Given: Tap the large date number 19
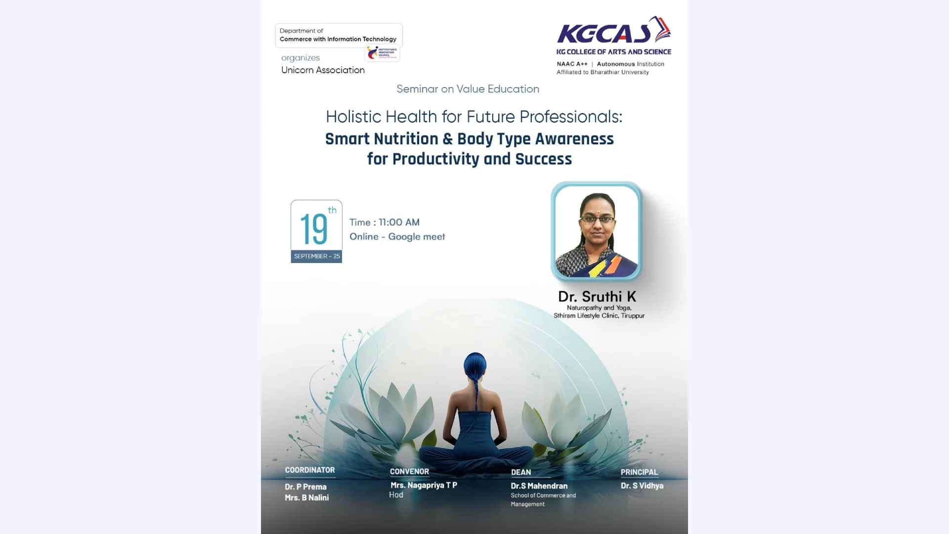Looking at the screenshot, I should pyautogui.click(x=314, y=229).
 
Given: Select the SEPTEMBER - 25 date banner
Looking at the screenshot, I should pyautogui.click(x=317, y=256).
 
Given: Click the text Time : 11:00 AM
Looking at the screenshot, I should pyautogui.click(x=385, y=222).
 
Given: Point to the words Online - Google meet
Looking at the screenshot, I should pyautogui.click(x=397, y=237).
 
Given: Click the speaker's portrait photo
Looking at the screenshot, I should pyautogui.click(x=597, y=231).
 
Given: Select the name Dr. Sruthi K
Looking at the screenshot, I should pyautogui.click(x=597, y=297).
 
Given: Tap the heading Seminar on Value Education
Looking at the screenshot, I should pyautogui.click(x=468, y=89).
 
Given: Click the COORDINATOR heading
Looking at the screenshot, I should pyautogui.click(x=310, y=470).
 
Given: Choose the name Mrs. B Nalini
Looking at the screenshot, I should pyautogui.click(x=306, y=498).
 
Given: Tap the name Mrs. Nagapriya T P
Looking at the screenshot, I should pyautogui.click(x=424, y=485).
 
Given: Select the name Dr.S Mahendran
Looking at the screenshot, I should pyautogui.click(x=539, y=486).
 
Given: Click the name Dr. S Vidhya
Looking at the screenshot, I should pyautogui.click(x=642, y=486).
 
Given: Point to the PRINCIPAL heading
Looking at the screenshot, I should pyautogui.click(x=639, y=472).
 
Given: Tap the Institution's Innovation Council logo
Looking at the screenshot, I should pyautogui.click(x=382, y=53).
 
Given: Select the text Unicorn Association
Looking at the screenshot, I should pyautogui.click(x=323, y=70).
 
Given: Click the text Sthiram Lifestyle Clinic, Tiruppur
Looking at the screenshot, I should pyautogui.click(x=599, y=315).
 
